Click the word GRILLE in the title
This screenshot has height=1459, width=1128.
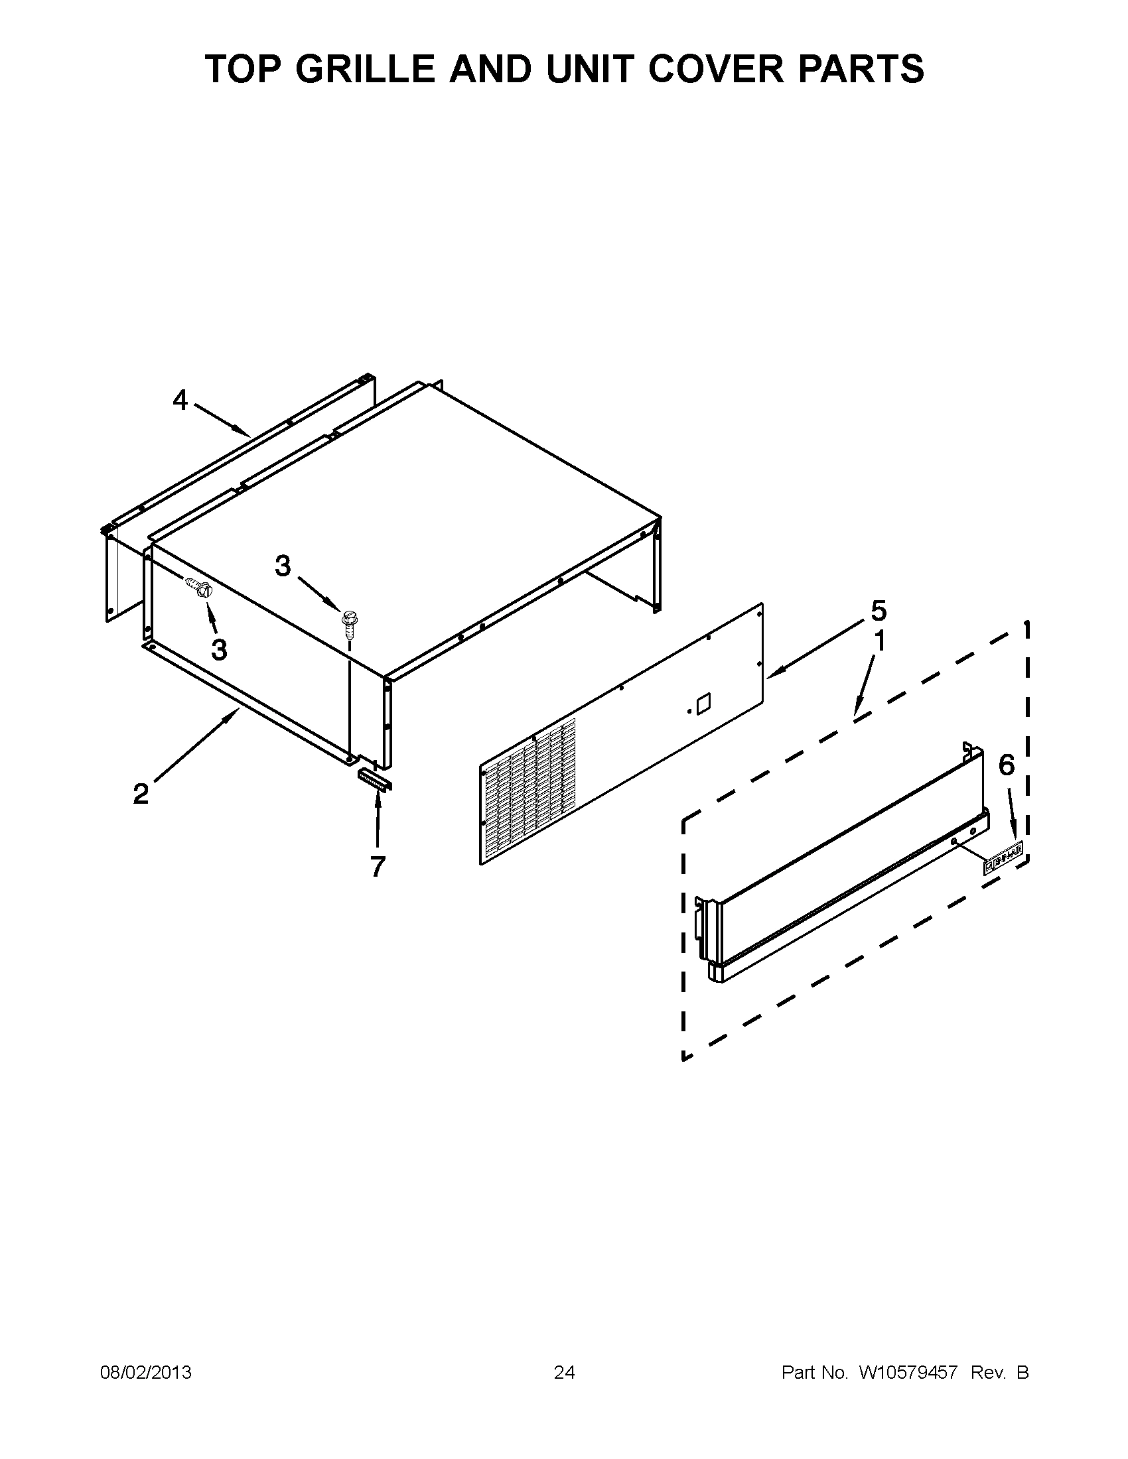click(x=368, y=69)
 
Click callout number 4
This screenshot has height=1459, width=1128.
click(x=180, y=400)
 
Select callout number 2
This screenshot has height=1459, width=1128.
click(x=141, y=794)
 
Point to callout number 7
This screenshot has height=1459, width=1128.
click(x=378, y=867)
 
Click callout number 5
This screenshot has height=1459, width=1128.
click(x=879, y=611)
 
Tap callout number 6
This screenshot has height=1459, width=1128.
click(x=1007, y=765)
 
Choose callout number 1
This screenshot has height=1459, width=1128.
click(x=880, y=641)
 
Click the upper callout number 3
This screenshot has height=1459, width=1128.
click(x=283, y=566)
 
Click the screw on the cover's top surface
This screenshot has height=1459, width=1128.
click(x=348, y=622)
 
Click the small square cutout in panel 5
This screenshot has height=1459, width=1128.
click(x=703, y=704)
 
